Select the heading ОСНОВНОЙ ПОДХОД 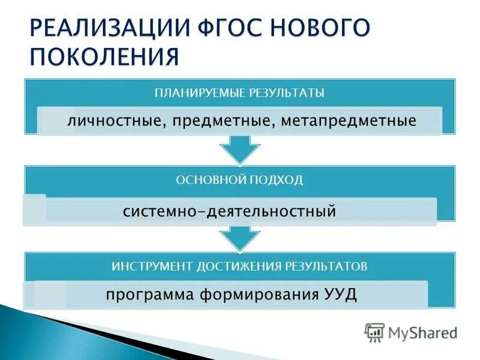[x=239, y=180]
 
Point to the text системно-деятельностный [x=229, y=212]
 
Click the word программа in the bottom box [x=146, y=295]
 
